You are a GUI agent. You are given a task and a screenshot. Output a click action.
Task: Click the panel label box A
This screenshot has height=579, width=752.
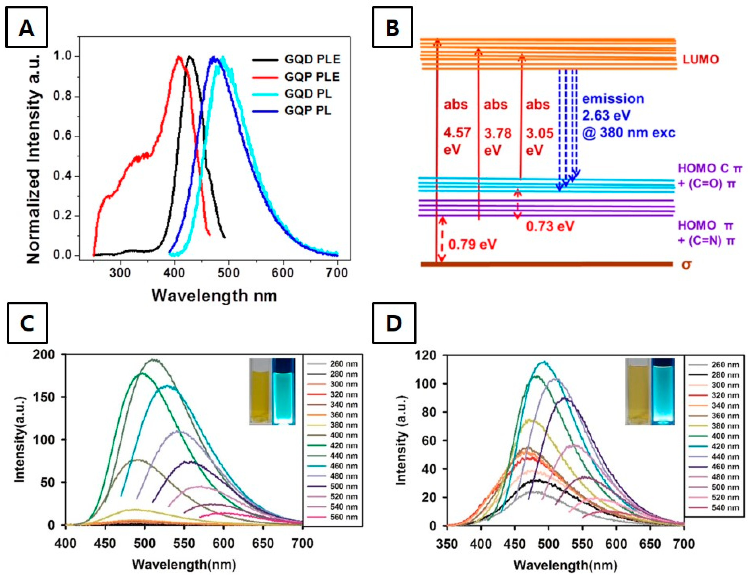pyautogui.click(x=27, y=28)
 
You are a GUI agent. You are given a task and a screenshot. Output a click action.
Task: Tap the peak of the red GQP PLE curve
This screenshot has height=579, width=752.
pyautogui.click(x=178, y=57)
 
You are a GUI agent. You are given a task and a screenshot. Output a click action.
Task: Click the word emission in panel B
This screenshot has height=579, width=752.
pyautogui.click(x=613, y=99)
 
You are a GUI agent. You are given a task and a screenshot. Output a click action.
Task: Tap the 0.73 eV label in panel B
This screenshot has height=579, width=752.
pyautogui.click(x=550, y=226)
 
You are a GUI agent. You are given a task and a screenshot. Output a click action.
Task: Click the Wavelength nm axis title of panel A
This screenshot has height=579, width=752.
pyautogui.click(x=214, y=296)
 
